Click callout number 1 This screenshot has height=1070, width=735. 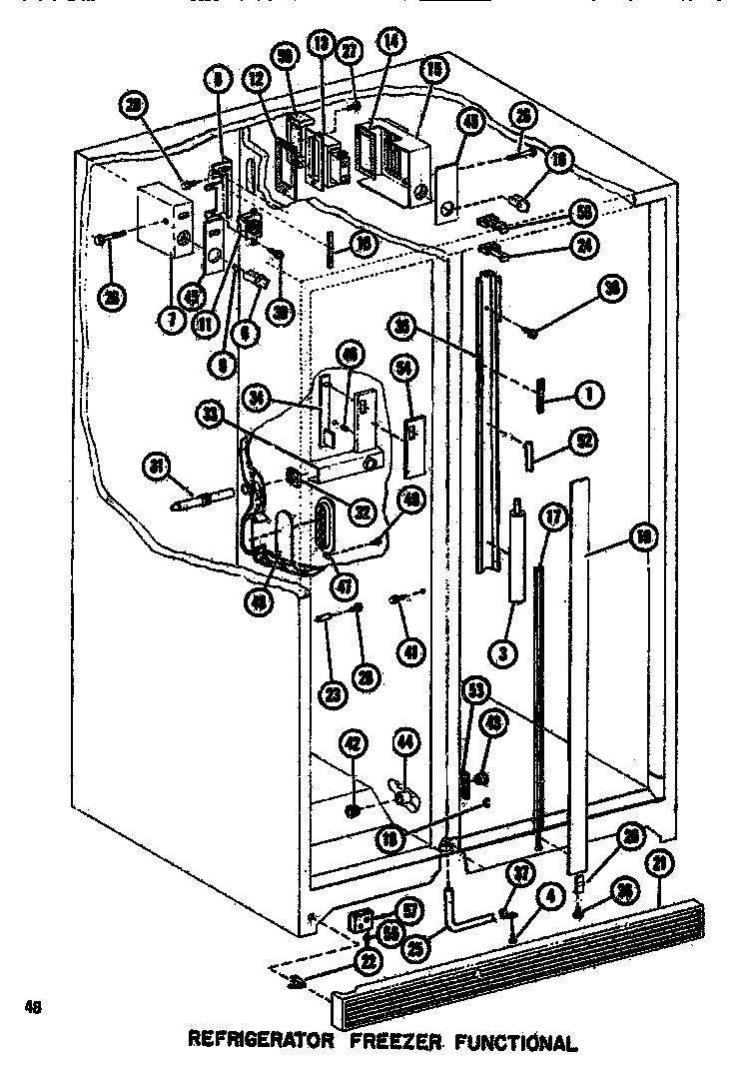click(590, 395)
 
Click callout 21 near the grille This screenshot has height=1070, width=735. click(660, 864)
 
